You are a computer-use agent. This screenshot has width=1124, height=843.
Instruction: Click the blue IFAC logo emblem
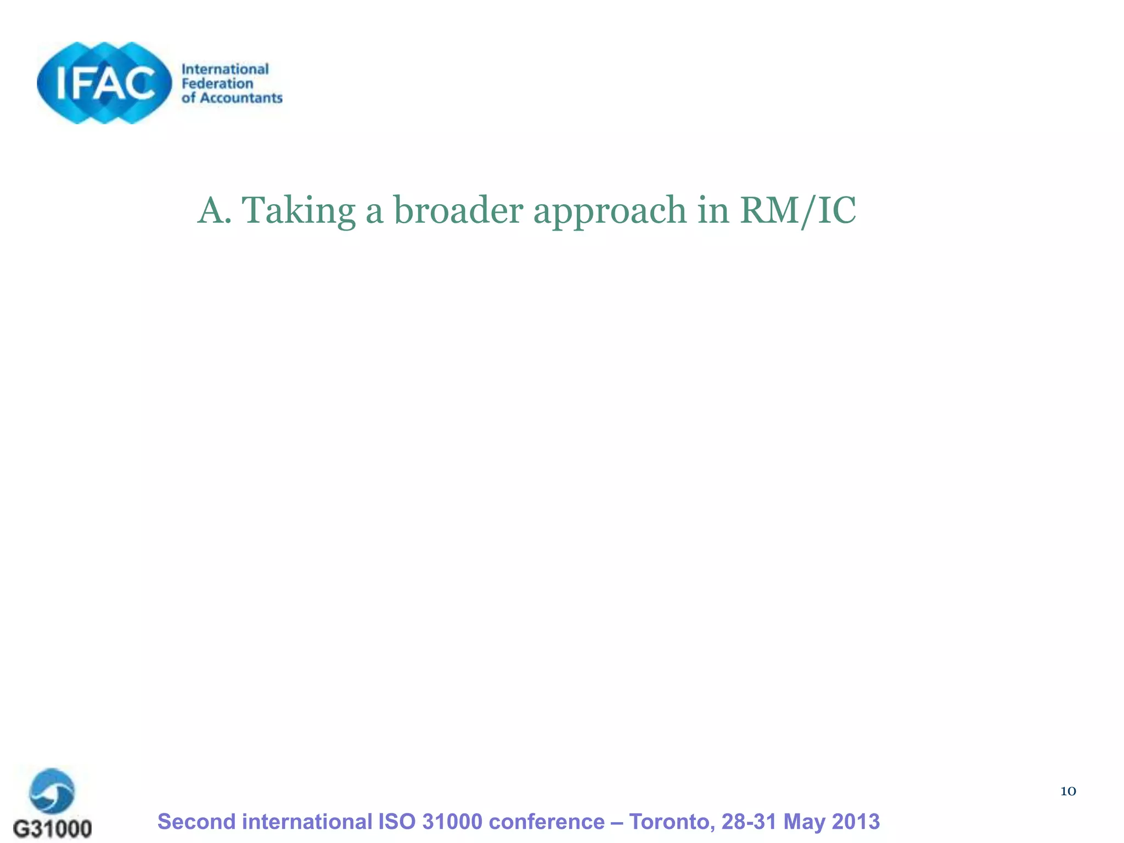[x=104, y=82]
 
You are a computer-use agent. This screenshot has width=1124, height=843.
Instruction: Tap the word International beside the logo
[x=225, y=69]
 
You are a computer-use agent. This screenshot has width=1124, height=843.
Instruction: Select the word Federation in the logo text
[x=217, y=83]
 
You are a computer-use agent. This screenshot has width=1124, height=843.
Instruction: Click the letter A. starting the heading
[x=214, y=211]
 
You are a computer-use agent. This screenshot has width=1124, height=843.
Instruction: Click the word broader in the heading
[x=458, y=211]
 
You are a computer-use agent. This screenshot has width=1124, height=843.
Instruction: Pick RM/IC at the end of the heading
[x=797, y=211]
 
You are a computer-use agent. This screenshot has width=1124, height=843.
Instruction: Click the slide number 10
[x=1067, y=791]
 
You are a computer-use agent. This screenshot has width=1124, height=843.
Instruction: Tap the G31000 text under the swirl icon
[x=52, y=828]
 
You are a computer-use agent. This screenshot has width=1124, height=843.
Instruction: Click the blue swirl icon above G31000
[x=52, y=791]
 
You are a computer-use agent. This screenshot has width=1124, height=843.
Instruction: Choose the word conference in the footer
[x=547, y=822]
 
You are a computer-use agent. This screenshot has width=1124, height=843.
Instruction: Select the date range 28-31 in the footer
[x=749, y=822]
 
